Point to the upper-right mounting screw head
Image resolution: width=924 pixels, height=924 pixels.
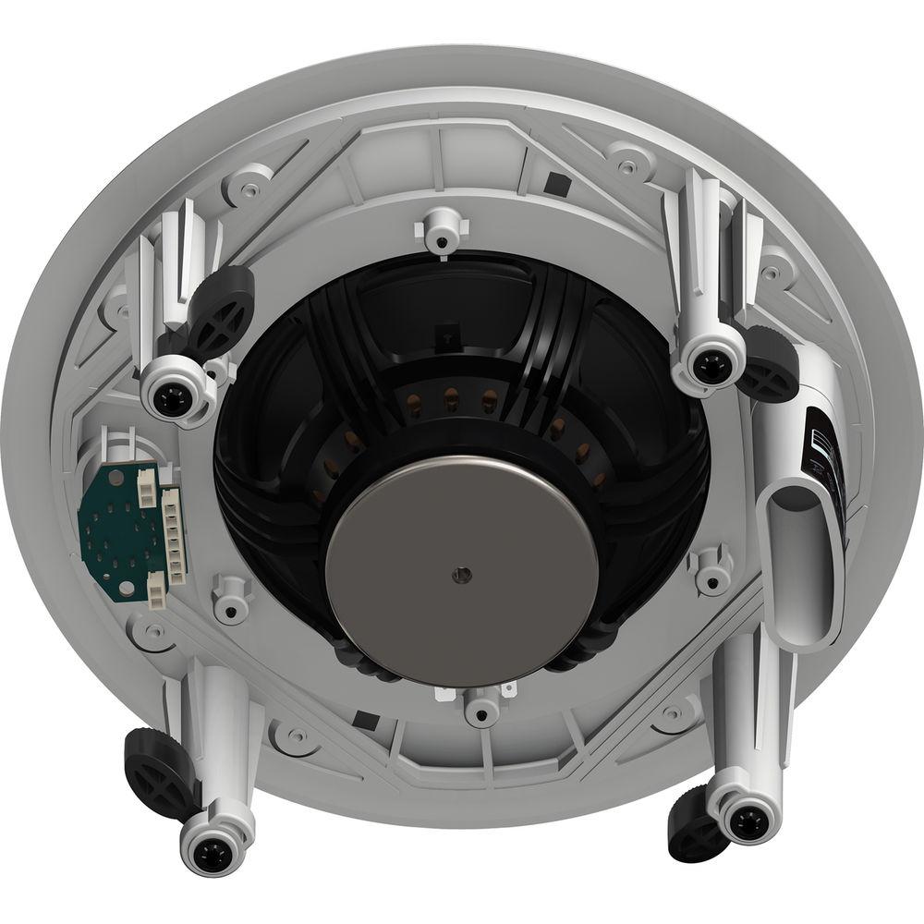[x=710, y=365]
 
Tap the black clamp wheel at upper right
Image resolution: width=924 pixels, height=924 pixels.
[x=769, y=365]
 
